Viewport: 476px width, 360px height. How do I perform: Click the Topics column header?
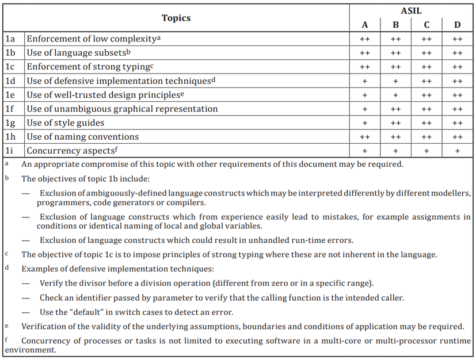(176, 18)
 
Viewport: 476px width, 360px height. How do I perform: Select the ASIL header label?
(410, 11)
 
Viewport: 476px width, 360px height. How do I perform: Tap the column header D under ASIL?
(457, 25)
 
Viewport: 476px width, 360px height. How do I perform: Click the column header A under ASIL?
(364, 25)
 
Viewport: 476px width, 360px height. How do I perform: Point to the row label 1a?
(10, 39)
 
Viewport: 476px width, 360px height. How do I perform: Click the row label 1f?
(10, 109)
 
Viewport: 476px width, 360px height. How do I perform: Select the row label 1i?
(10, 151)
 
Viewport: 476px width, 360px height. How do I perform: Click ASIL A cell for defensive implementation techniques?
(364, 81)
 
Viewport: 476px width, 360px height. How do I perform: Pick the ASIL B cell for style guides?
(395, 123)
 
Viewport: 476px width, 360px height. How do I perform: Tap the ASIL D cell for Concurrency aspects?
(457, 151)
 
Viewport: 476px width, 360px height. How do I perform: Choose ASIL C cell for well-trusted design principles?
(427, 95)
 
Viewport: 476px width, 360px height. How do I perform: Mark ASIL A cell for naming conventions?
(364, 137)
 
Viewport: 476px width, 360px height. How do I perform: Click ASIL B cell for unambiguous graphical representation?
(395, 109)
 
